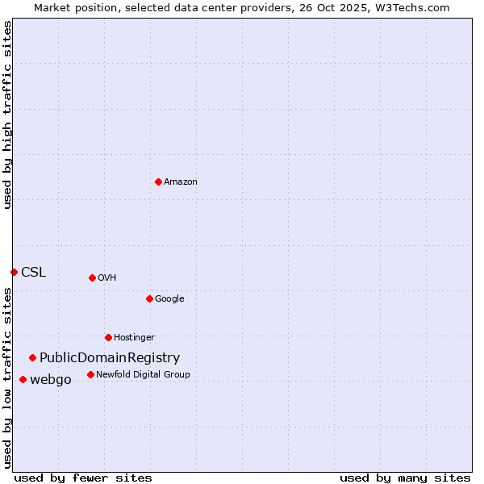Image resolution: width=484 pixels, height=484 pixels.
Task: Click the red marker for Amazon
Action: coord(158,181)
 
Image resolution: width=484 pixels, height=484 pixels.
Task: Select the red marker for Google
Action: coord(149,298)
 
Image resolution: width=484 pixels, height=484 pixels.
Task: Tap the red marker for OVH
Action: coord(92,277)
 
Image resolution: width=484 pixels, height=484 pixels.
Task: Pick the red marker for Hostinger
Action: coord(108,337)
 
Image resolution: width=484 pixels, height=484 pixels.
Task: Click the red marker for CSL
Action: coord(14,272)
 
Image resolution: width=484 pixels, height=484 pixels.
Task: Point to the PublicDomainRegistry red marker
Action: coord(32,357)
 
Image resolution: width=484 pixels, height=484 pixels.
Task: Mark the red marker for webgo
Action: coord(23,379)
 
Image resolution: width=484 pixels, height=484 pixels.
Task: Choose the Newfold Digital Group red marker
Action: coord(90,374)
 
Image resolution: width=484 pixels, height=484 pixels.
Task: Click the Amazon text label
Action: coord(180,182)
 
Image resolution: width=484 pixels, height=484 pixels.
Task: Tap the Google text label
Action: coord(169,299)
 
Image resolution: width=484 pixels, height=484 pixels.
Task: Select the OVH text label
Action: coord(106,278)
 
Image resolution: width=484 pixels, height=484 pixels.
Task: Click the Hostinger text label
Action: coord(134,338)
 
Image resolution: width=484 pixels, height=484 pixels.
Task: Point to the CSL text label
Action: coord(33,273)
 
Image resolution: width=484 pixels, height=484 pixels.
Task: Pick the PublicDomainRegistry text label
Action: coord(110,358)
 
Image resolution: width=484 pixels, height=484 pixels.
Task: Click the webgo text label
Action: coord(50,380)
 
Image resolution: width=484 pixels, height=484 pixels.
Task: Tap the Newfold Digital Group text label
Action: coord(143,374)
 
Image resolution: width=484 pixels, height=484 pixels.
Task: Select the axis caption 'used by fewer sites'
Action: coord(83,478)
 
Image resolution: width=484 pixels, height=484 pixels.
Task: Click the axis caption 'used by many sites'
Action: coord(405,478)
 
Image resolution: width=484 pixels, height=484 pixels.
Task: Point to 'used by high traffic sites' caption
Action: coord(7,115)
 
